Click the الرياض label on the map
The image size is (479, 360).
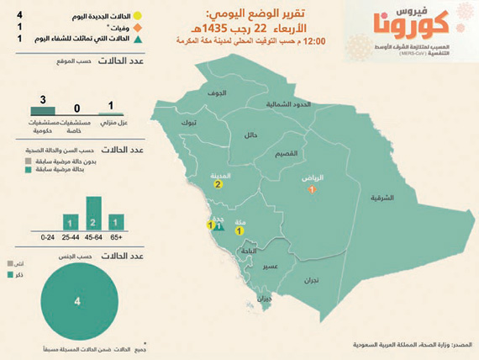[313, 179]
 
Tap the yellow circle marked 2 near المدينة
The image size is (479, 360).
[218, 185]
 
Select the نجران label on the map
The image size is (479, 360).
[312, 278]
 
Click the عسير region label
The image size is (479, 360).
[270, 266]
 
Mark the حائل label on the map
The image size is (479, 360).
[250, 134]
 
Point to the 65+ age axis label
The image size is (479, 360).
[116, 238]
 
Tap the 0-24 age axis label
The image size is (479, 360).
[48, 238]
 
